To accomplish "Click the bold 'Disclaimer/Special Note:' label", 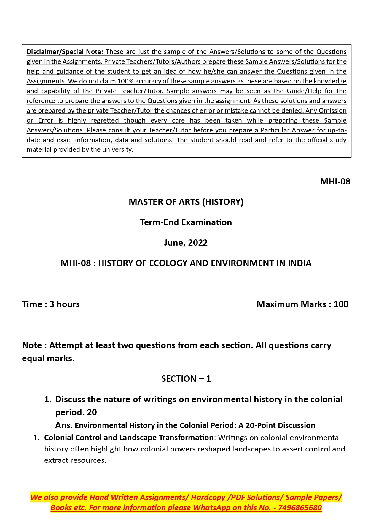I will click(x=65, y=52).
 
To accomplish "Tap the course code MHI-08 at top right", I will click(x=335, y=181).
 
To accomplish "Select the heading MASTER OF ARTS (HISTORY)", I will click(x=186, y=202).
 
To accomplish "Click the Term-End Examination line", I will click(x=186, y=222).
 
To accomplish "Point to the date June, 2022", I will click(x=186, y=243).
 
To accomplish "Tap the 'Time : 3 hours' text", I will click(x=51, y=304).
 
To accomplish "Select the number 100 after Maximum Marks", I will click(x=341, y=304).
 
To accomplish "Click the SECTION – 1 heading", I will click(x=186, y=379).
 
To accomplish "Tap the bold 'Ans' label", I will click(x=63, y=425).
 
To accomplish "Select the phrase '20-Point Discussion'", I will click(x=280, y=425).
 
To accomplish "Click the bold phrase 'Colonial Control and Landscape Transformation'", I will click(x=129, y=438).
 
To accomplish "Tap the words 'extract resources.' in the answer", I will click(x=75, y=460).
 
